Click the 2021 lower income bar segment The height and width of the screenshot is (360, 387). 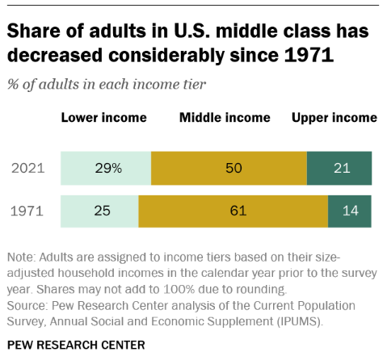pos(106,169)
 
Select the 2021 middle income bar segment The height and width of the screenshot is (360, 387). pos(229,169)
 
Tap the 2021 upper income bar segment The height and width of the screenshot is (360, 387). pos(339,169)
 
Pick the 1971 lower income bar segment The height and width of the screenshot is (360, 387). pos(99,211)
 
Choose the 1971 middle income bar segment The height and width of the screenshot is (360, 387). pos(233,211)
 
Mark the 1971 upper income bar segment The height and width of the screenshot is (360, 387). pos(350,211)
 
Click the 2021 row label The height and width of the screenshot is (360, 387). pos(28,169)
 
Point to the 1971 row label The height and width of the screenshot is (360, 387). pos(27,211)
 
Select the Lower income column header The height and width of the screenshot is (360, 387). pos(104,118)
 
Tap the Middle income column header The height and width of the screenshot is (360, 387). pos(225,118)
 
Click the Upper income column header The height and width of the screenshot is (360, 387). pos(334,118)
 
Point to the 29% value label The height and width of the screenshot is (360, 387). pos(108,169)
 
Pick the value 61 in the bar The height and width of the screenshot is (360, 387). pos(238,211)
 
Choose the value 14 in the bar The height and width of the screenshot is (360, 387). pos(351,211)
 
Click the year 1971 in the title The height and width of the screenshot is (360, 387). pos(309,55)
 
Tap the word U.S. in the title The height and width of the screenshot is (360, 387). pos(191,31)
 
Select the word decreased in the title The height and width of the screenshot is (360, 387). pos(55,55)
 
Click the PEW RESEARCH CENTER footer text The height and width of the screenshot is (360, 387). pos(76,345)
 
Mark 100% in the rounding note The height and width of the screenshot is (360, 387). pos(179,289)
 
